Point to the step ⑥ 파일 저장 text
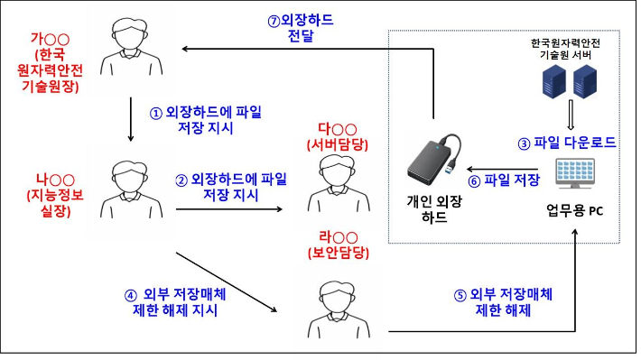pos(504,180)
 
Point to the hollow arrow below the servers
pos(570,115)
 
